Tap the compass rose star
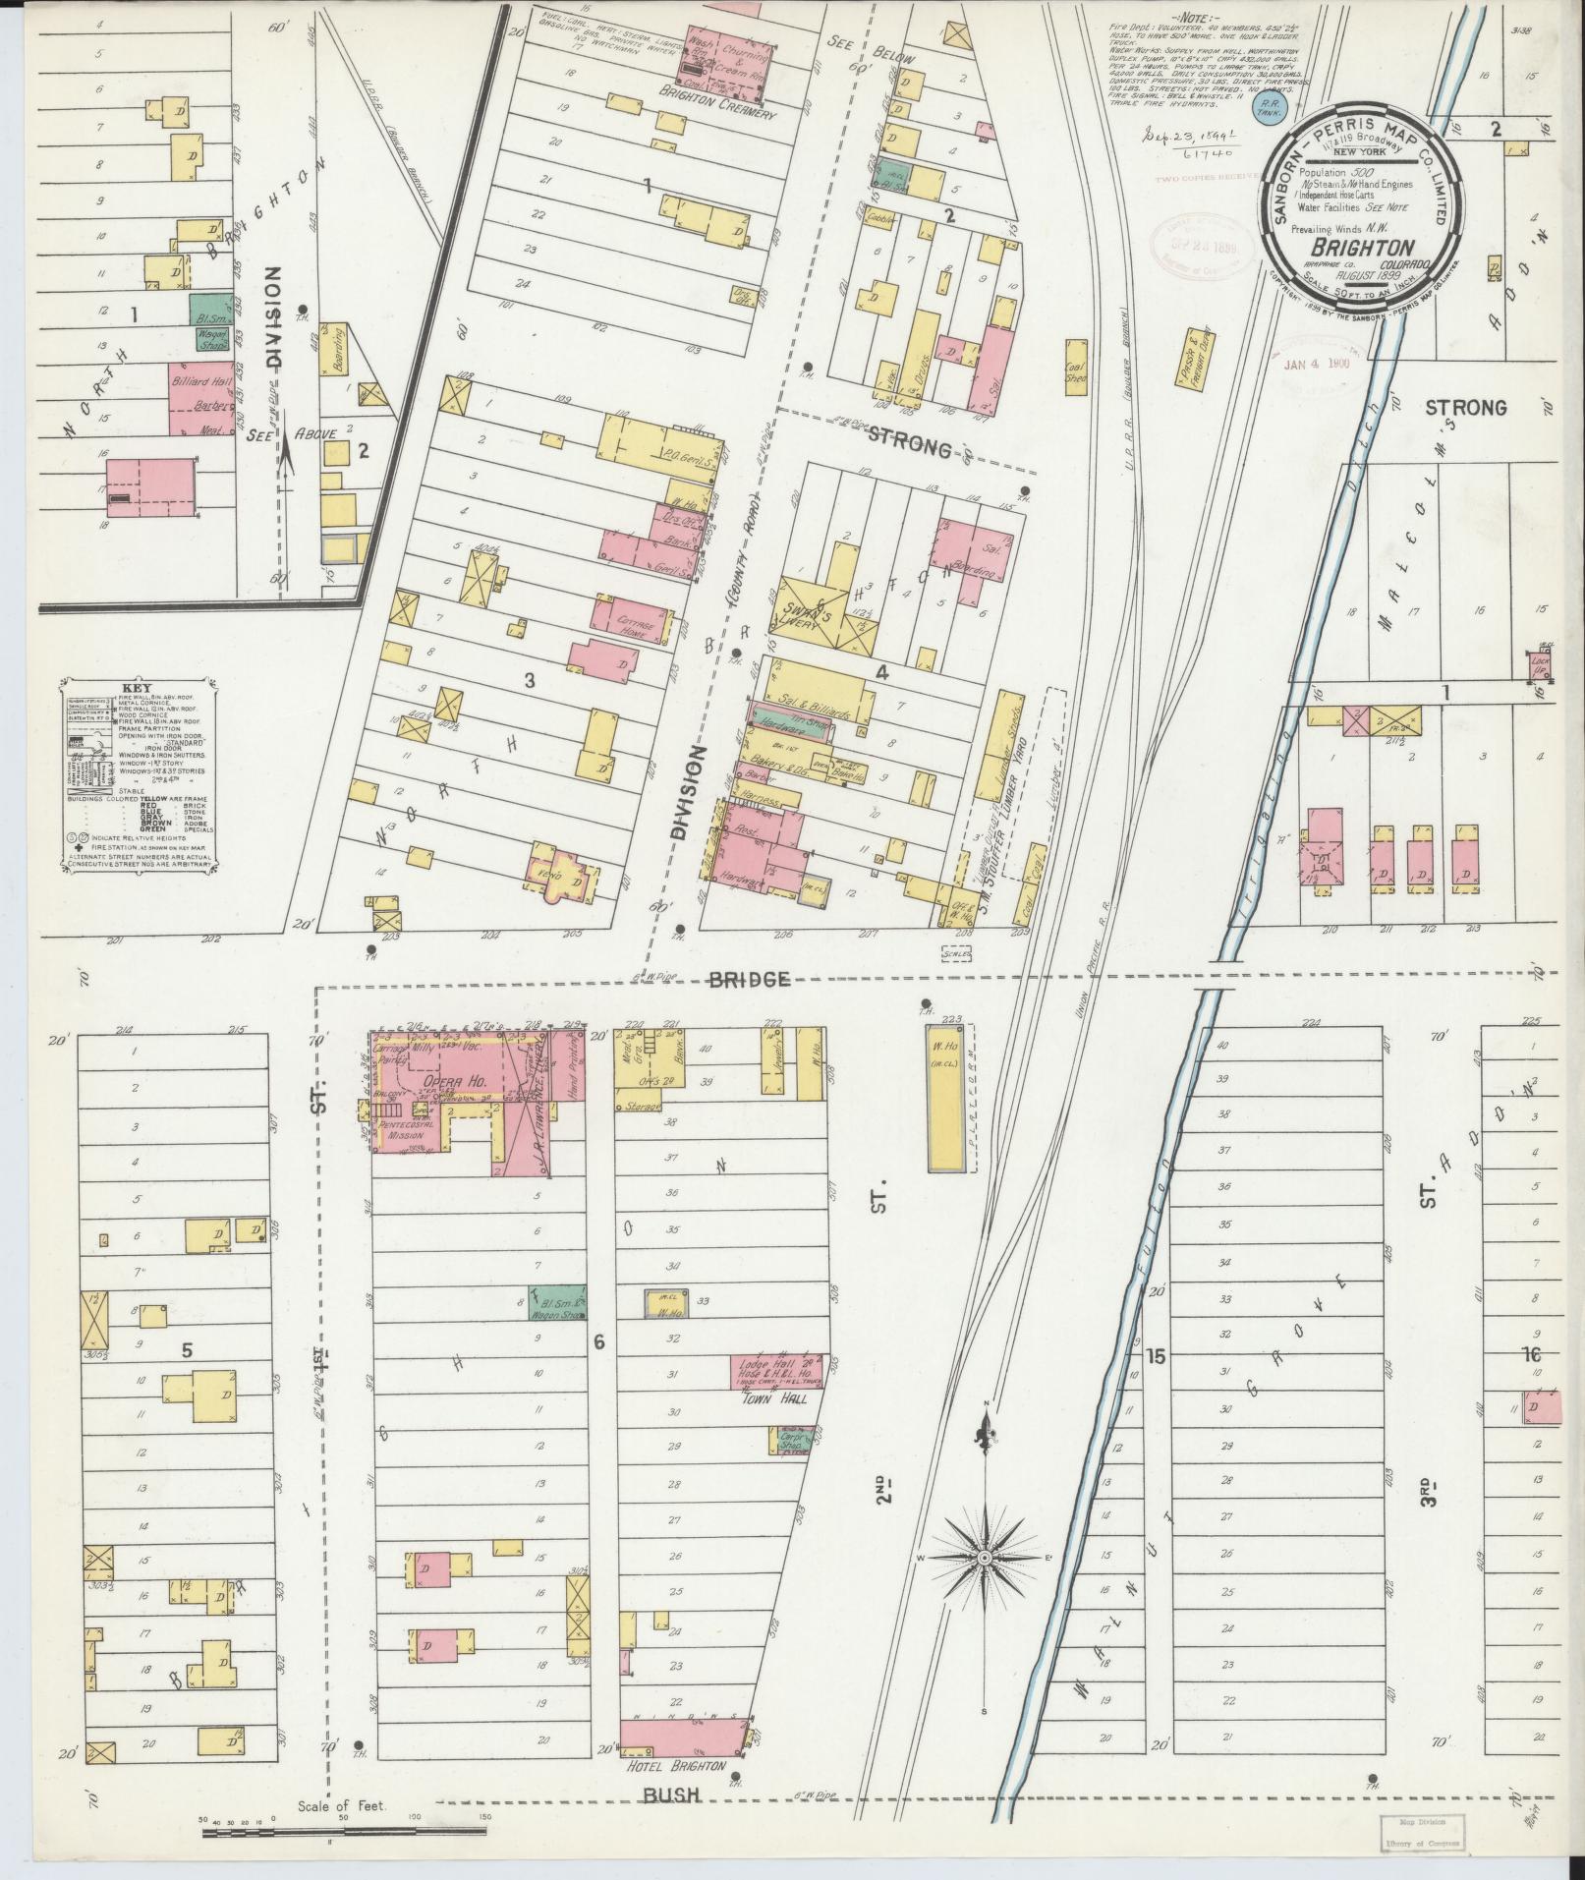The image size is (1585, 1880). [984, 1559]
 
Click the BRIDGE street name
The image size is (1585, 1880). [750, 979]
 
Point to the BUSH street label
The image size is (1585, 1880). [672, 1795]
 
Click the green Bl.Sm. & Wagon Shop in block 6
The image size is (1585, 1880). [557, 1300]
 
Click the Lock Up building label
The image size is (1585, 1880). [1539, 665]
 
